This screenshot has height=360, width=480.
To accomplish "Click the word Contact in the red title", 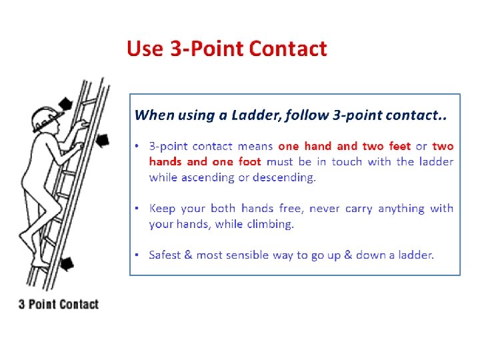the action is (288, 49).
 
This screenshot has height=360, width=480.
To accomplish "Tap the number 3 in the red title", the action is (176, 49).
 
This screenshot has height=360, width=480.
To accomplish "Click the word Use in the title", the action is (145, 49).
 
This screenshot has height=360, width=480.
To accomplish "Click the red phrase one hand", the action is (305, 146).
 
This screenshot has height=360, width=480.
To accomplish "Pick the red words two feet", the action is (386, 146).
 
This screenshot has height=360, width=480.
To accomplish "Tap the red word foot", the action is (250, 161).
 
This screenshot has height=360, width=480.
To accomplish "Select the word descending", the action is (284, 177).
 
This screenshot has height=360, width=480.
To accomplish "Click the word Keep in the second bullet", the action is (162, 209).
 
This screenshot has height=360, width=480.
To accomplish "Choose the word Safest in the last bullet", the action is (165, 255).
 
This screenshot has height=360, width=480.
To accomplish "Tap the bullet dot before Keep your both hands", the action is (137, 209).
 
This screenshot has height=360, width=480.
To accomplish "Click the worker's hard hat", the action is (46, 119).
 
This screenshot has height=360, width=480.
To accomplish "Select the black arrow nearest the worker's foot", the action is (67, 263).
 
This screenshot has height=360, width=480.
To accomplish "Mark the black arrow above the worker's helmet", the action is (65, 104).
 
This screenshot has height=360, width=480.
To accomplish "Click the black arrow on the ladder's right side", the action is (103, 141).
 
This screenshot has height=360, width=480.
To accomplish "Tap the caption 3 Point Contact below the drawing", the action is (59, 304).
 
